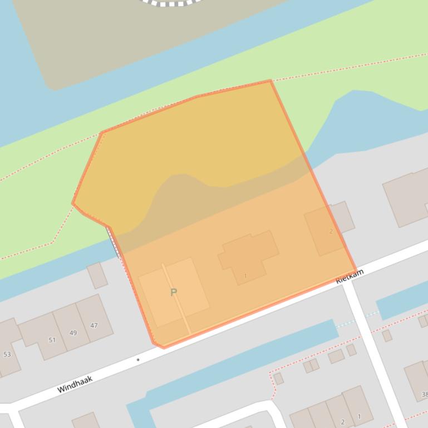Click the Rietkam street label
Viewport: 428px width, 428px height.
(350, 276)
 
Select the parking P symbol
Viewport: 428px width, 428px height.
(174, 292)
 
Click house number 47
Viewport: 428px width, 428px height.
(94, 326)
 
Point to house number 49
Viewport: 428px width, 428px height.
(73, 333)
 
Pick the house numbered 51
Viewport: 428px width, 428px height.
(52, 340)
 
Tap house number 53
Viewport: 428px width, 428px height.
(7, 354)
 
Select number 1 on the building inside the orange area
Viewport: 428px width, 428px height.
(245, 276)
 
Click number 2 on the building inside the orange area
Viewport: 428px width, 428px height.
(331, 231)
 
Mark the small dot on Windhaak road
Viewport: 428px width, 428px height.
(138, 360)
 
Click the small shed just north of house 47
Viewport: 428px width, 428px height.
(97, 276)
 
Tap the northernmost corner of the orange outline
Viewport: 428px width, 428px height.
(270, 81)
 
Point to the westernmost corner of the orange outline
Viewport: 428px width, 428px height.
(73, 203)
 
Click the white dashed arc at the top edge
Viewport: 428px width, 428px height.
(170, 3)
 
